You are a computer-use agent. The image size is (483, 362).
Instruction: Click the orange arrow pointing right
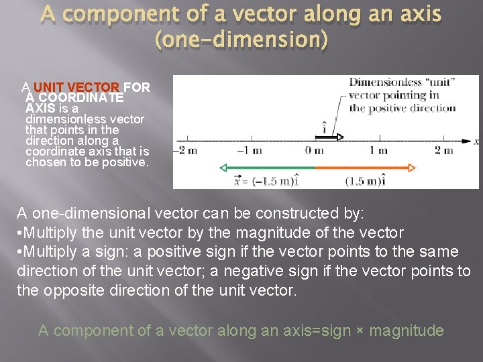366,168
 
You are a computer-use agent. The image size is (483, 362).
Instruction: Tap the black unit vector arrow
329,137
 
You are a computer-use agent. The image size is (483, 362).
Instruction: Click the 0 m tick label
314,151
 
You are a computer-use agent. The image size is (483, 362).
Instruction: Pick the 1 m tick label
378,151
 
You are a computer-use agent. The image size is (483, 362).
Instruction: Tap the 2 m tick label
443,151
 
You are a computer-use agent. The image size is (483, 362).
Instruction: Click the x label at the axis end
476,141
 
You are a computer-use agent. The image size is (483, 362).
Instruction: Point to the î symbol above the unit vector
325,126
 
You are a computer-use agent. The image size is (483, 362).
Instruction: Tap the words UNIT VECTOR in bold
76,88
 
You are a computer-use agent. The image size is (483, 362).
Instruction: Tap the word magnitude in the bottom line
407,330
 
